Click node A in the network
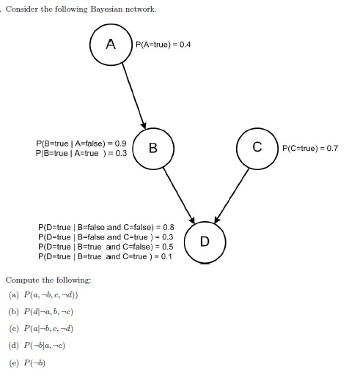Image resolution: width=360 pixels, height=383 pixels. pyautogui.click(x=110, y=44)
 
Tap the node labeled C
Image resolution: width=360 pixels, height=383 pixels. pyautogui.click(x=257, y=149)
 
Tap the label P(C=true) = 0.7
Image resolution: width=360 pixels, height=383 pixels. pyautogui.click(x=309, y=149)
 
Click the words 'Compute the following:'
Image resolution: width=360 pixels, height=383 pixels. pyautogui.click(x=48, y=280)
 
